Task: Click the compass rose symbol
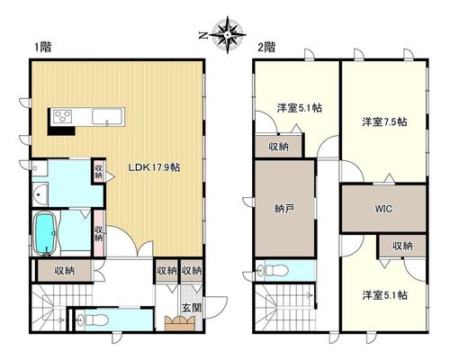[x=228, y=34]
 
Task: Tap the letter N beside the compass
[x=203, y=35]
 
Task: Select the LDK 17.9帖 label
[x=154, y=167]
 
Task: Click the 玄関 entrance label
[x=192, y=308]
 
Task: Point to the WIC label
[x=383, y=209]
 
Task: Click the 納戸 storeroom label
[x=283, y=209]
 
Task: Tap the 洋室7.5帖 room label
[x=384, y=122]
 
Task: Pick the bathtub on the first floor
[x=45, y=233]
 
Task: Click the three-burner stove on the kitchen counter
[x=62, y=116]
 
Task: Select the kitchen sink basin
[x=107, y=116]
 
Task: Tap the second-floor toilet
[x=274, y=270]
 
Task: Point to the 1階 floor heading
[x=43, y=47]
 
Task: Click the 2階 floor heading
[x=266, y=47]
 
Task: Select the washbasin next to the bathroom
[x=40, y=194]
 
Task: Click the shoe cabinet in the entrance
[x=180, y=324]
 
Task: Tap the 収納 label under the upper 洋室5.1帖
[x=278, y=147]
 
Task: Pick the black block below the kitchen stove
[x=61, y=131]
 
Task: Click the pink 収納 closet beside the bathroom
[x=99, y=233]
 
